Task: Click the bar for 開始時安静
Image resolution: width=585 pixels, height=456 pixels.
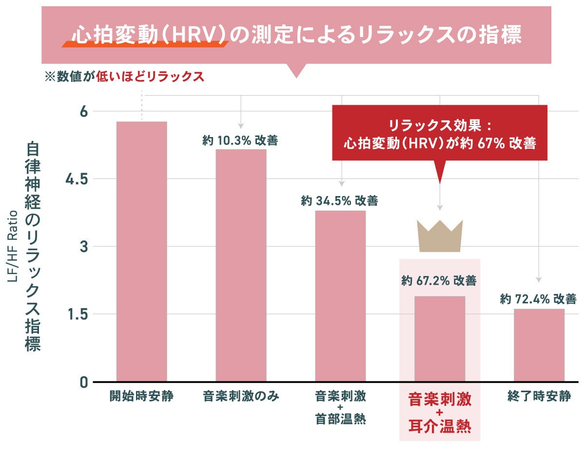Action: click(x=141, y=251)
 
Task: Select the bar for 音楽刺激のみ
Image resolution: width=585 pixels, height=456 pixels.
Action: click(x=241, y=265)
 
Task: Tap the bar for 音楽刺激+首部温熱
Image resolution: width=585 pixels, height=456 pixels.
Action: click(x=340, y=296)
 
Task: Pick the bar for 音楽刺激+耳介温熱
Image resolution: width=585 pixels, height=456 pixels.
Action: click(x=440, y=338)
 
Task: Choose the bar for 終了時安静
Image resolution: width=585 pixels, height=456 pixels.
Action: click(x=539, y=345)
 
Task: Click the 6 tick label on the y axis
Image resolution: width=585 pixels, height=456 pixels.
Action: click(x=83, y=111)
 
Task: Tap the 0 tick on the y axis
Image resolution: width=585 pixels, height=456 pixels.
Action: click(x=83, y=382)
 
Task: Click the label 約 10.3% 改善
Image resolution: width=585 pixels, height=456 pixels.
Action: click(x=240, y=140)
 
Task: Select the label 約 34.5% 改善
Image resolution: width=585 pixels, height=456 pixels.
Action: click(x=339, y=200)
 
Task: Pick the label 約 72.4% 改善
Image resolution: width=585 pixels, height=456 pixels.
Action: click(x=538, y=299)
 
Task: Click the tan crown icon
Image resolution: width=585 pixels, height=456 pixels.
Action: click(x=439, y=236)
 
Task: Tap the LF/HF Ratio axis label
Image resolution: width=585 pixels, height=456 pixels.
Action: click(x=13, y=246)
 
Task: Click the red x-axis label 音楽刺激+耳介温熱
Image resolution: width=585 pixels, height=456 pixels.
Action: click(x=439, y=413)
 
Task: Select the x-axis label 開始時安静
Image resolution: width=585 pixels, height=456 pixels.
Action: click(x=141, y=396)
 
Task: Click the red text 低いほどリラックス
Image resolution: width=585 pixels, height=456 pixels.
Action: click(x=150, y=77)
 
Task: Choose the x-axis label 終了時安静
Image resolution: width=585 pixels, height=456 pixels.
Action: click(x=539, y=396)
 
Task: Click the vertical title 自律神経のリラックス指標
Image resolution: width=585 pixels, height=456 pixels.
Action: click(x=33, y=246)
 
